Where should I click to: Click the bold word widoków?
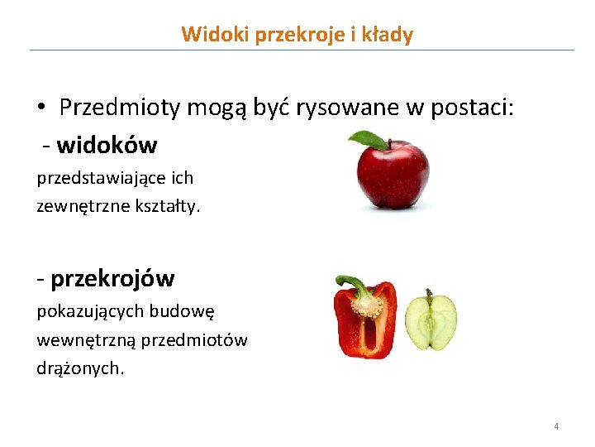click(x=107, y=146)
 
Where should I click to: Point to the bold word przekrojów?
click(x=112, y=279)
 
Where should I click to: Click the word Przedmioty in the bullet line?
click(x=120, y=108)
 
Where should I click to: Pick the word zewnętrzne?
click(x=80, y=205)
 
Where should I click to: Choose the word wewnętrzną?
click(x=86, y=340)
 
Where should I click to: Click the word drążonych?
click(x=80, y=368)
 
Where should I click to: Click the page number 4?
click(x=556, y=426)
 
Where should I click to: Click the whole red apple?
click(x=393, y=174)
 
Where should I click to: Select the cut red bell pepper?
click(x=364, y=319)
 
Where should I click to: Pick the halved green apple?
click(x=431, y=320)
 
